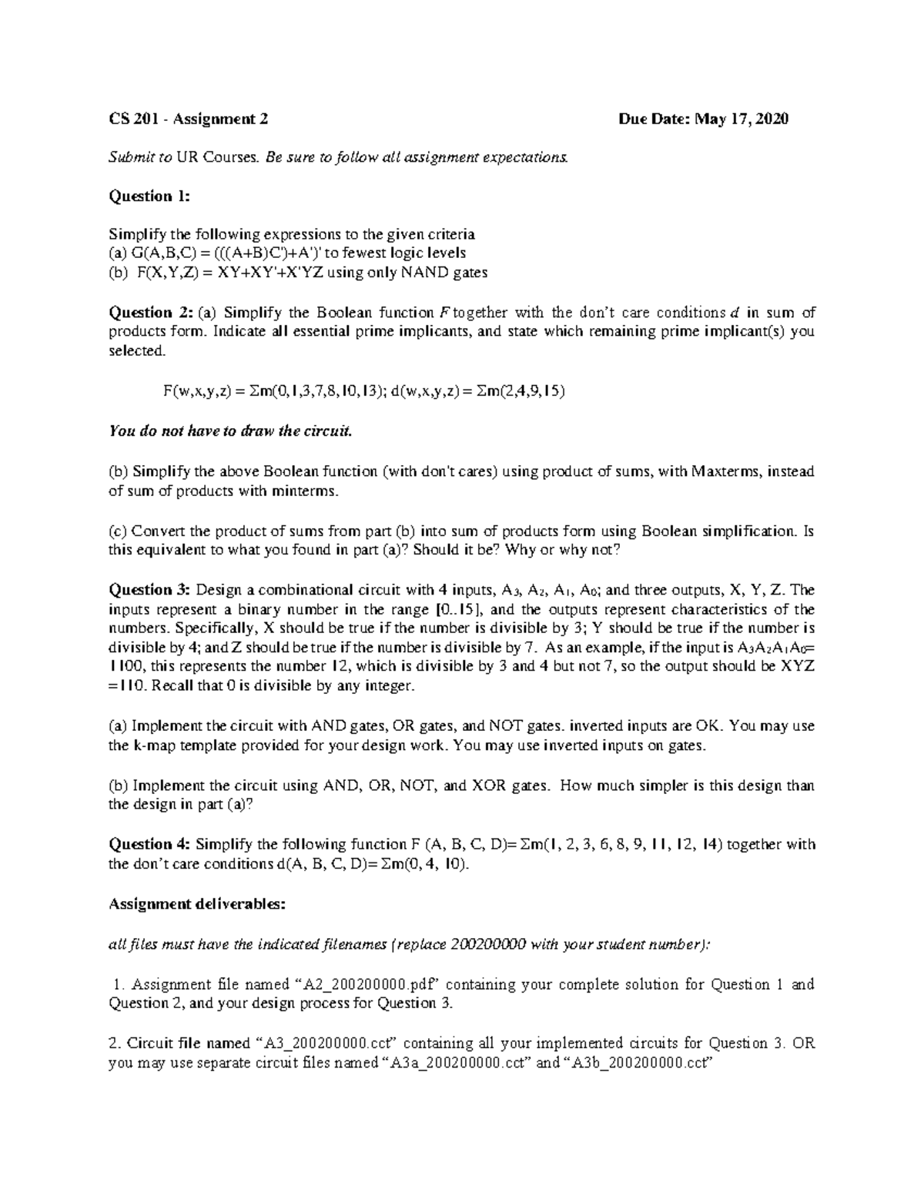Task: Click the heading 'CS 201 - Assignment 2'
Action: (x=188, y=119)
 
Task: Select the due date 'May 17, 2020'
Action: (x=742, y=119)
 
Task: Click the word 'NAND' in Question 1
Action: (x=421, y=273)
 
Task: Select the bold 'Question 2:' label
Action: (x=149, y=313)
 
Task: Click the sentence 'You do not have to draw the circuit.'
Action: (x=229, y=431)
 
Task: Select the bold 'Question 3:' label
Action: (x=149, y=591)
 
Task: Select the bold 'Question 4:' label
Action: (x=149, y=845)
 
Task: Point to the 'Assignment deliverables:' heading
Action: (x=196, y=904)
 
